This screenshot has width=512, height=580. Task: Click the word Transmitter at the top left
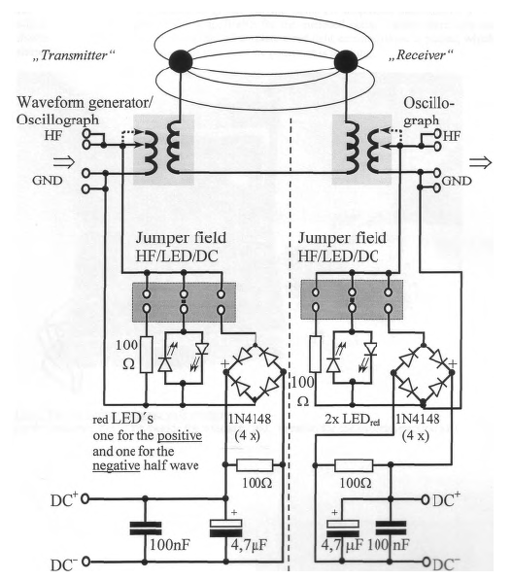pos(74,55)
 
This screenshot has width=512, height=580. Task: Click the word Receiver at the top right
pos(421,55)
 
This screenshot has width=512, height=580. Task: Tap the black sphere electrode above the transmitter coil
pos(181,61)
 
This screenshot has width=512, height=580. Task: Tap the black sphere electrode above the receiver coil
pos(346,61)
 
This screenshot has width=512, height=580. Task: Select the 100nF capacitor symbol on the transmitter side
pos(146,528)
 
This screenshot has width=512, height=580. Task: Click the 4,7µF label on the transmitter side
pos(249,544)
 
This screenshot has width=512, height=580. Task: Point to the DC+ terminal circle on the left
pos(85,499)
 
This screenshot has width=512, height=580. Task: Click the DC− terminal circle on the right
pos(427,562)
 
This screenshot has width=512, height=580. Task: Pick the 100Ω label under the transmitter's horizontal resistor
pos(257,483)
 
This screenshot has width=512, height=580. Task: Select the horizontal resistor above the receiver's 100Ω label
pos(354,465)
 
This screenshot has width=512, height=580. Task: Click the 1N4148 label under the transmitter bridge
pos(250,419)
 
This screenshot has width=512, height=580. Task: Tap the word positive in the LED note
pos(180,436)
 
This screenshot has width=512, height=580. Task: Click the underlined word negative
pos(117,465)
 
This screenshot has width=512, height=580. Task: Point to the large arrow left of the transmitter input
pos(64,162)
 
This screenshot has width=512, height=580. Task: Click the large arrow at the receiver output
pos(481,162)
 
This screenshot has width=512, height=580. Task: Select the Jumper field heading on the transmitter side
pos(181,238)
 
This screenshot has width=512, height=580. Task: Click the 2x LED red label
pos(353,420)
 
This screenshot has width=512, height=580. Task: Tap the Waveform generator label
pos(85,103)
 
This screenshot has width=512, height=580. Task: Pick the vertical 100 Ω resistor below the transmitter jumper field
pos(147,355)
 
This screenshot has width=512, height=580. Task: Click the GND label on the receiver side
pos(457,181)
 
